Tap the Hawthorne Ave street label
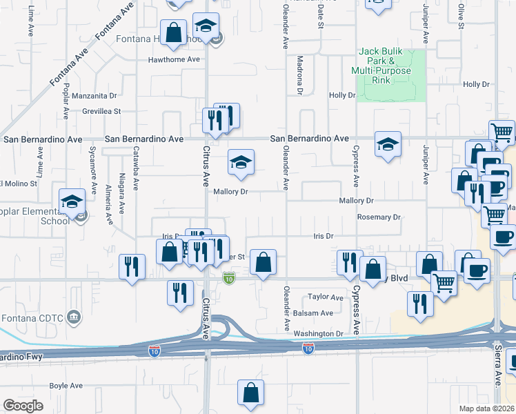pyautogui.click(x=174, y=59)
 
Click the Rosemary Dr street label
pyautogui.click(x=379, y=217)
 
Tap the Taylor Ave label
pyautogui.click(x=326, y=297)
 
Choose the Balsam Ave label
pyautogui.click(x=317, y=313)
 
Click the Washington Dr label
pyautogui.click(x=318, y=334)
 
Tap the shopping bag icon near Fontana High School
pyautogui.click(x=174, y=32)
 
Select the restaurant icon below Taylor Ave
pyautogui.click(x=420, y=304)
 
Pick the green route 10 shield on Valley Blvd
pyautogui.click(x=229, y=277)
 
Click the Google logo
pyautogui.click(x=23, y=405)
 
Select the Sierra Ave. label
pyautogui.click(x=497, y=364)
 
